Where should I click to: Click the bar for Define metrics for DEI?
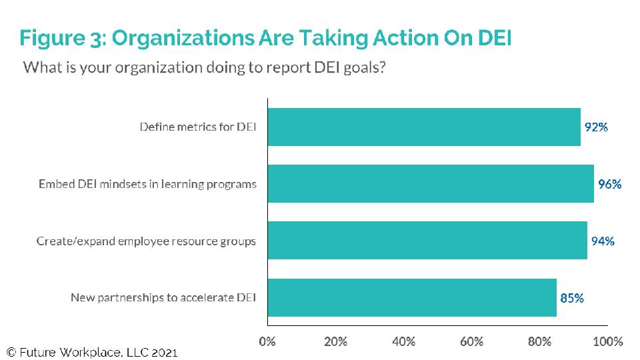pos(424,127)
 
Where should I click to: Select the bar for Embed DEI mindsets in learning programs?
pos(431,184)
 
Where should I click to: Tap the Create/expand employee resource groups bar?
pos(427,241)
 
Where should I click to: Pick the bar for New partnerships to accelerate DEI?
pos(412,297)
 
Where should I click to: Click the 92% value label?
pos(596,127)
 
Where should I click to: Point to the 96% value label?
pos(609,184)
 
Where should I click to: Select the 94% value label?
pos(603,241)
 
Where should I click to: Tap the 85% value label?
pos(572,298)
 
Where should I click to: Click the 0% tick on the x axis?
pos(267,341)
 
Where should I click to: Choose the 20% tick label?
pos(335,341)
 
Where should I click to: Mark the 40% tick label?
pos(403,341)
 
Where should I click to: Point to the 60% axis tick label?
pos(471,341)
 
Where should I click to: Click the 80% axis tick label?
pos(539,341)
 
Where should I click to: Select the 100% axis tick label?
pos(607,341)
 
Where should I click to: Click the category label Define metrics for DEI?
pos(198,127)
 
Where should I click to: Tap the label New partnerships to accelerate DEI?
pos(163,298)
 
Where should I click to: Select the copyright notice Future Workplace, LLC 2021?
pos(93,352)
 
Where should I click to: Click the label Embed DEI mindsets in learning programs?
pos(147,184)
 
